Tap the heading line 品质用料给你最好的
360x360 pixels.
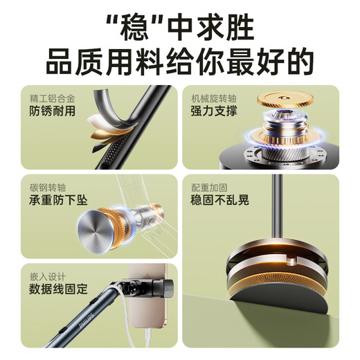tap(180, 62)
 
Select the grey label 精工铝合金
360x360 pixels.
tap(53, 98)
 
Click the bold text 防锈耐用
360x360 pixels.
tap(53, 111)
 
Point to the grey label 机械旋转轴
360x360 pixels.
tap(214, 98)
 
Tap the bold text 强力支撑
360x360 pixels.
tap(214, 111)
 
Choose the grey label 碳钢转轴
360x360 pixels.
tap(48, 188)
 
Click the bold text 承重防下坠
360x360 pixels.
tap(58, 200)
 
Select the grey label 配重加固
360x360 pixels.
tap(209, 188)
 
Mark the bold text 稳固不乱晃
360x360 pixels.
tap(219, 200)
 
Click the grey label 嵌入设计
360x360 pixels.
tap(48, 277)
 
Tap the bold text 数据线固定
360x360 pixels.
tap(58, 289)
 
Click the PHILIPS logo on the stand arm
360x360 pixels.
tap(86, 321)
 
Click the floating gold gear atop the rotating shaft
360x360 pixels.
tap(285, 100)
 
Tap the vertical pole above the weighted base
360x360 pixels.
tap(277, 206)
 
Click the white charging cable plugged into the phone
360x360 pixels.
tap(148, 338)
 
